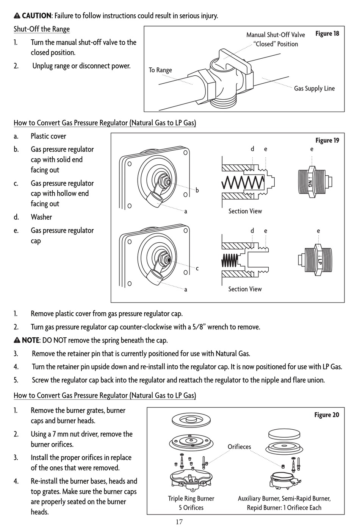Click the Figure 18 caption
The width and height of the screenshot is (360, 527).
tap(327, 34)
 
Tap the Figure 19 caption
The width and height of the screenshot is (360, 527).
tap(327, 140)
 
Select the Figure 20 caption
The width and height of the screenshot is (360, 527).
tap(327, 415)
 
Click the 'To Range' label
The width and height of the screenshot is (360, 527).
tap(160, 70)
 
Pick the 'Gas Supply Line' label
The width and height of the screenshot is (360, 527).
tap(314, 89)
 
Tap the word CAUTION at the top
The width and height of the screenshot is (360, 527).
tap(36, 16)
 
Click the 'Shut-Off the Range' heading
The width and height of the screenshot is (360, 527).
tap(42, 29)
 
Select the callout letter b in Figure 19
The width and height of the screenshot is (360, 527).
tap(197, 190)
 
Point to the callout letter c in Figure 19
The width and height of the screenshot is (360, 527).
tap(197, 268)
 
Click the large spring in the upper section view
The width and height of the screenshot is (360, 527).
tap(243, 183)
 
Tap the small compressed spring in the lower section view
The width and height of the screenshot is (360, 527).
tap(230, 260)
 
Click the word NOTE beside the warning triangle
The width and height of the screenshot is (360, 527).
tap(30, 340)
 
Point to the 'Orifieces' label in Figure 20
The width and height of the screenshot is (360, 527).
tap(239, 447)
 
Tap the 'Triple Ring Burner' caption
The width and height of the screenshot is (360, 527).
tap(191, 499)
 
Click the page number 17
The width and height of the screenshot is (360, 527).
tap(179, 522)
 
